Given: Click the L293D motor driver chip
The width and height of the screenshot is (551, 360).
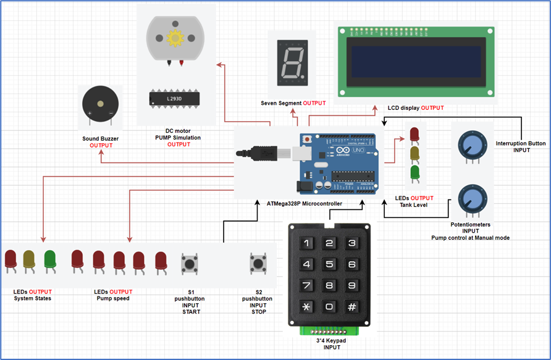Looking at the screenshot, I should coord(174,98).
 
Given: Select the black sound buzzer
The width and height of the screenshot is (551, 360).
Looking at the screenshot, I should coord(100,106).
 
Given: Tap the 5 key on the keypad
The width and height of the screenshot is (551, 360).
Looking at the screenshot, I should coord(330,265).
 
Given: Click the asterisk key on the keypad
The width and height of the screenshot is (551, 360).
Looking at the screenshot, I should coord(306,306).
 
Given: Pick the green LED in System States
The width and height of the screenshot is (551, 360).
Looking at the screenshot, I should coord(50,259).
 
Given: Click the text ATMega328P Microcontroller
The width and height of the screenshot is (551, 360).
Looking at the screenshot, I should coord(305,203).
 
